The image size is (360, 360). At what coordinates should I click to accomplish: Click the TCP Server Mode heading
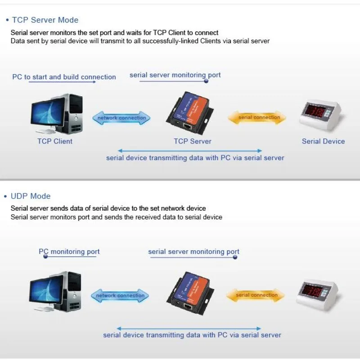click(45, 20)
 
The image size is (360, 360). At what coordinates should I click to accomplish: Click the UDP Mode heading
click(31, 196)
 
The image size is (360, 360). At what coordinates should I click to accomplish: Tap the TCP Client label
click(55, 141)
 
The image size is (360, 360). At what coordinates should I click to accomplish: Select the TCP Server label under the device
click(193, 141)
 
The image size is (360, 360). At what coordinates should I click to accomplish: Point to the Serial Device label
click(323, 141)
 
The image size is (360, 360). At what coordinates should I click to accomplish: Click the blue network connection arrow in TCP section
click(121, 118)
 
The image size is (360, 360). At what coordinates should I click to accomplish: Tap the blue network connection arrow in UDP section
click(120, 296)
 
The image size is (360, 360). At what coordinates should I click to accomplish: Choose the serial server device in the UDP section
click(191, 292)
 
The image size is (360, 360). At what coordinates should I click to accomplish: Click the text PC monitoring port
click(69, 252)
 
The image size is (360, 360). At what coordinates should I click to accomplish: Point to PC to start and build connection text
click(64, 77)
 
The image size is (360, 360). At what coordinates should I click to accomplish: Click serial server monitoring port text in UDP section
click(193, 252)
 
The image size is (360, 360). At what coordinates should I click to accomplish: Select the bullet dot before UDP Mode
click(6, 197)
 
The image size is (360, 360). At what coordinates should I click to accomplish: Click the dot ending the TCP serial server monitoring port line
click(206, 81)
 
